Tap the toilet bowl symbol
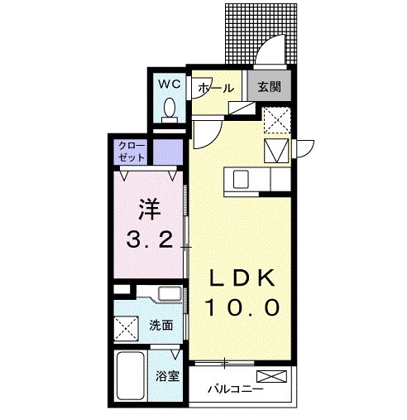(170, 108)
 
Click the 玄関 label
(268, 87)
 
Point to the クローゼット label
(132, 151)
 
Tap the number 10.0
(242, 307)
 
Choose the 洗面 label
(162, 326)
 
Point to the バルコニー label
(235, 387)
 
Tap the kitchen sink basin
(241, 178)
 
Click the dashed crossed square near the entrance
(275, 121)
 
